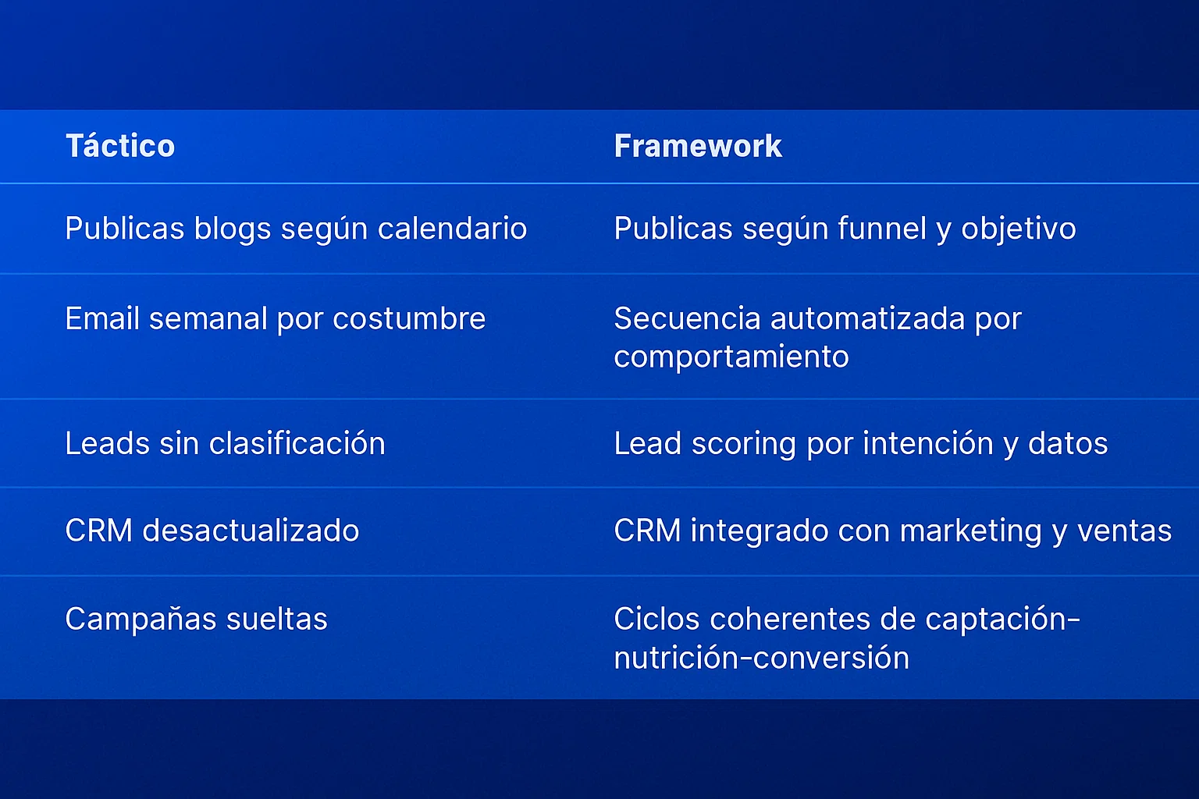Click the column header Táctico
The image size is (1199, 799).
[120, 146]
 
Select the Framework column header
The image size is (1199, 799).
[698, 146]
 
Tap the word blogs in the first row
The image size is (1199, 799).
[233, 229]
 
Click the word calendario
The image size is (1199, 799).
[452, 229]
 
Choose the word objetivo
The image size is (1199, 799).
[1019, 229]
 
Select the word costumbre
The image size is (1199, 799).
[409, 318]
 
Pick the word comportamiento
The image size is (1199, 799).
[731, 357]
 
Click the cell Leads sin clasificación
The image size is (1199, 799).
[226, 444]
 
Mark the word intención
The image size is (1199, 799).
[928, 444]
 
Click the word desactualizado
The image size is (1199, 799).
[251, 531]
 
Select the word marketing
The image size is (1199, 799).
[970, 531]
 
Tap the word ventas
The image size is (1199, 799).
[1124, 531]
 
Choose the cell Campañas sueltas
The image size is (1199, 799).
[196, 620]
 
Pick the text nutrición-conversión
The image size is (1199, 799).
[762, 658]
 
